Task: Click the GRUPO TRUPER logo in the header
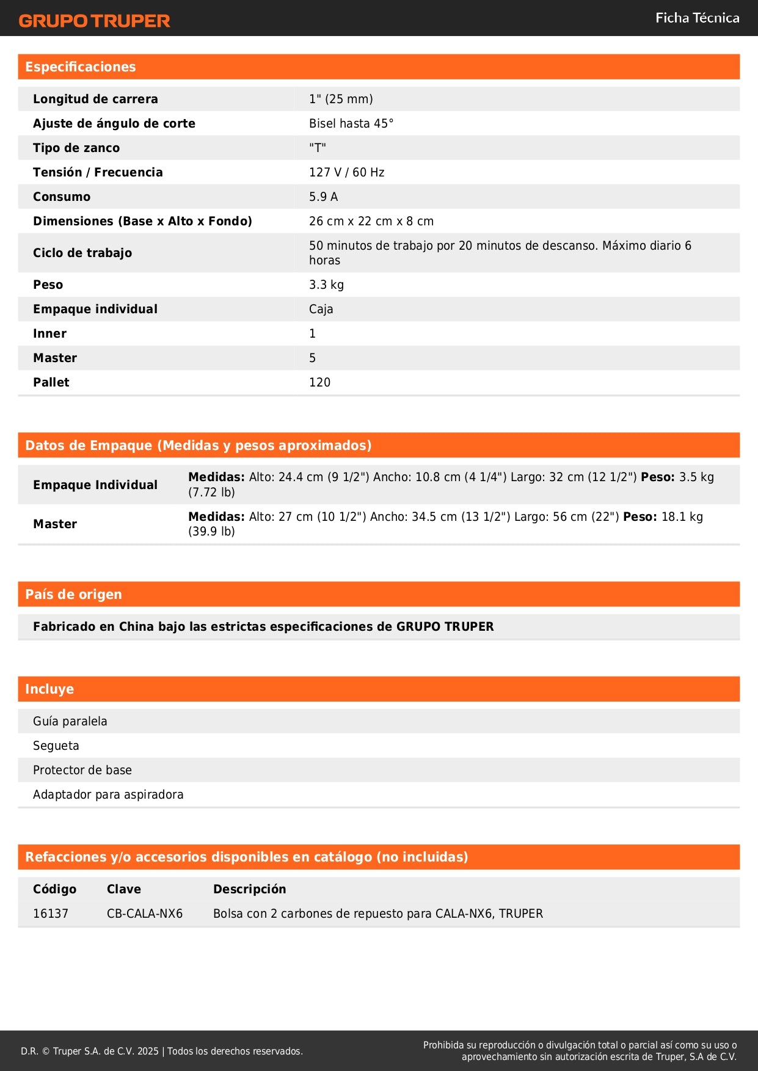coord(94,21)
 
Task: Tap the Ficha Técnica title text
coord(697,18)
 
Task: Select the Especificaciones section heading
coord(81,67)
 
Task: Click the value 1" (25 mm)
coord(341,99)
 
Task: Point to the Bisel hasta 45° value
coord(351,123)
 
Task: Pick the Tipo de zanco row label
coord(76,148)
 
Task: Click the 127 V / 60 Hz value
coord(346,172)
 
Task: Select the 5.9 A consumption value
coord(323,197)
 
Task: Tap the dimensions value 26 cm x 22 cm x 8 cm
coord(371,221)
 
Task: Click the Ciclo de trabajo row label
coord(82,253)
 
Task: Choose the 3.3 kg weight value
coord(326,285)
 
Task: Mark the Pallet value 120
coord(319,382)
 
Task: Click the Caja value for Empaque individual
coord(321,309)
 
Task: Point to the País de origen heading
coord(73,594)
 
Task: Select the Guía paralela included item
coord(70,721)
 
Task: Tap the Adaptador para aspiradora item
coord(108,794)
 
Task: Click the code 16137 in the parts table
coord(51,913)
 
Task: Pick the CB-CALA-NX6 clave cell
coord(145,913)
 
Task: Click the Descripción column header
coord(249,889)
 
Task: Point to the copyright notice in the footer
coord(162,1051)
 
